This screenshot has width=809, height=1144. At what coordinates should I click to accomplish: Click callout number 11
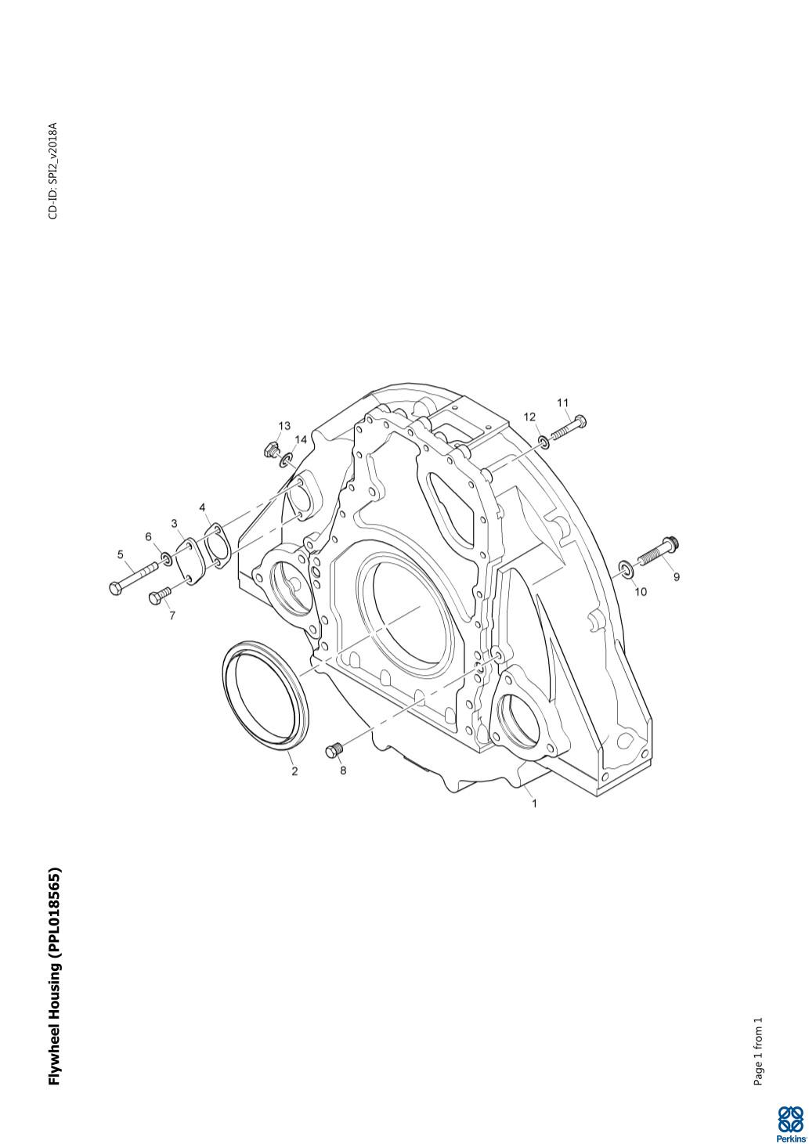point(562,403)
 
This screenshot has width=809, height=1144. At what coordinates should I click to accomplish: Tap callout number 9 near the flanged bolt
point(676,577)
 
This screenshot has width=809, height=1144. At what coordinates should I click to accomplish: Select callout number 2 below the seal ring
point(294,771)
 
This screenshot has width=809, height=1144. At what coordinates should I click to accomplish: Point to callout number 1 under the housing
point(534,803)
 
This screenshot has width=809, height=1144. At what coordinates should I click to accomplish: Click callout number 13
point(284,425)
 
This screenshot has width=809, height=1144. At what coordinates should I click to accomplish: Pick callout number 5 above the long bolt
point(121,554)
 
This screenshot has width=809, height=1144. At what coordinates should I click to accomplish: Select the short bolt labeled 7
point(161,595)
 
